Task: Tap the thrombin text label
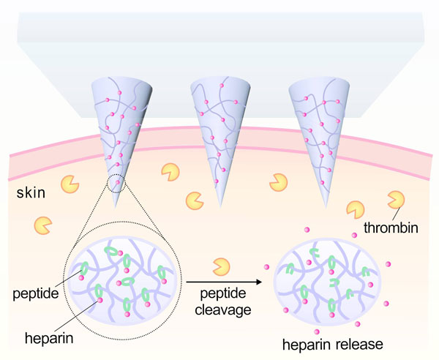pyautogui.click(x=393, y=228)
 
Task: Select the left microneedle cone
pyautogui.click(x=116, y=124)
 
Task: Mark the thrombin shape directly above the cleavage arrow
pyautogui.click(x=219, y=263)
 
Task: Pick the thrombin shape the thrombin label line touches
pyautogui.click(x=397, y=198)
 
